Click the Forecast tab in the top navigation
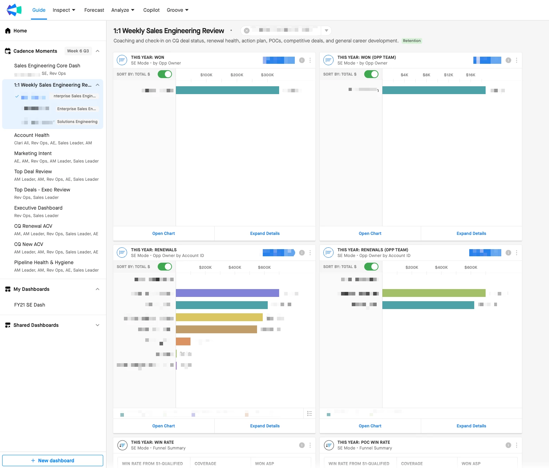coord(94,10)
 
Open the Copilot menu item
coord(151,10)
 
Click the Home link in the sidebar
coord(20,31)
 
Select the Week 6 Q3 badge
coord(78,51)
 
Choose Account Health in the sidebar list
coord(32,135)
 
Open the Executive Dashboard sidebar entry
coord(38,208)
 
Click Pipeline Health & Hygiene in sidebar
coord(44,262)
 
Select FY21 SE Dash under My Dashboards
coord(30,305)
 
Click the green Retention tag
coord(412,41)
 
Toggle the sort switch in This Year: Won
coord(165,74)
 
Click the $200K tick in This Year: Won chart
coord(237,75)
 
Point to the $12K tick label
coord(448,75)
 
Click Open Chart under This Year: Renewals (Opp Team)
coord(370,426)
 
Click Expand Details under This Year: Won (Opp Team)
coord(471,233)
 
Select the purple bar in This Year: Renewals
coord(227,293)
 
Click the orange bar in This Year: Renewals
coord(183,341)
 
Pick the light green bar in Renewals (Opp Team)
coord(434,293)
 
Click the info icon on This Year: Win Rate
coord(302,445)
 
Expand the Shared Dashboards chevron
coord(98,325)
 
